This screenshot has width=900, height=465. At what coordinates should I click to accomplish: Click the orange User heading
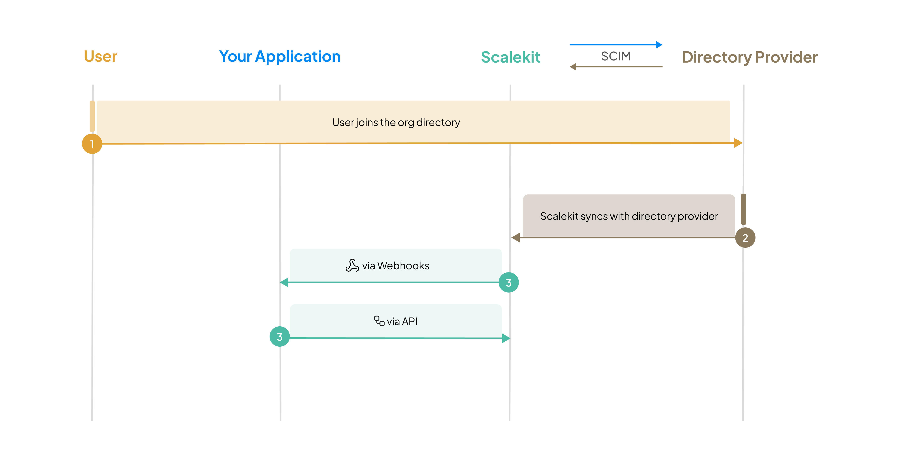[100, 56]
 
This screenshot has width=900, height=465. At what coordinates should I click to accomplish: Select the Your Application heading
[280, 56]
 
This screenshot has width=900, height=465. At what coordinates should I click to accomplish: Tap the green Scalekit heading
[510, 57]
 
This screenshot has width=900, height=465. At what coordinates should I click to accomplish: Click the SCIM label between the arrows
[616, 56]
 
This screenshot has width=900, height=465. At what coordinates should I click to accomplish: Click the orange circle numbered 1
[92, 144]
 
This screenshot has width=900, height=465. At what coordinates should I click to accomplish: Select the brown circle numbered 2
[745, 238]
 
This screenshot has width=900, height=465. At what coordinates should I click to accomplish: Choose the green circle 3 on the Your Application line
[280, 337]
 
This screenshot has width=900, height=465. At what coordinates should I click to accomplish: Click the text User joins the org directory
[396, 122]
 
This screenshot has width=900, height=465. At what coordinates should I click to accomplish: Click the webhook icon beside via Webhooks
[352, 265]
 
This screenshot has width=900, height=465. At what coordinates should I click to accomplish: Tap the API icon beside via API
[379, 321]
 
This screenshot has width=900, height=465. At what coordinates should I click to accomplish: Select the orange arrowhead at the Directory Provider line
[738, 143]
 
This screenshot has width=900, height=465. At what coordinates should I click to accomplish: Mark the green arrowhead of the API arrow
[506, 338]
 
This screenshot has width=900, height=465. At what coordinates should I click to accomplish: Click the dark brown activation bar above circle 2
[743, 209]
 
